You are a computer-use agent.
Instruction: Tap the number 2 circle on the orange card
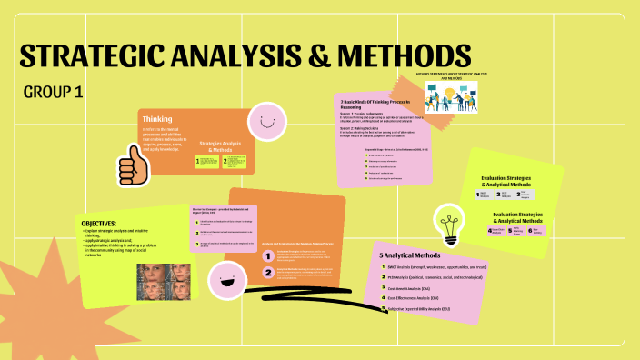coord(268,272)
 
